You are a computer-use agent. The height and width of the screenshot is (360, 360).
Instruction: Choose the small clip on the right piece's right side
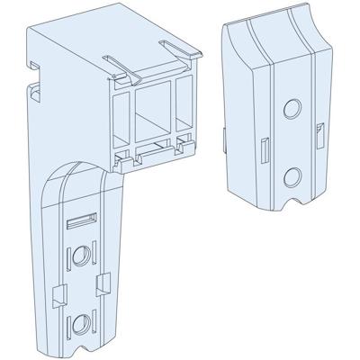coord(322,133)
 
